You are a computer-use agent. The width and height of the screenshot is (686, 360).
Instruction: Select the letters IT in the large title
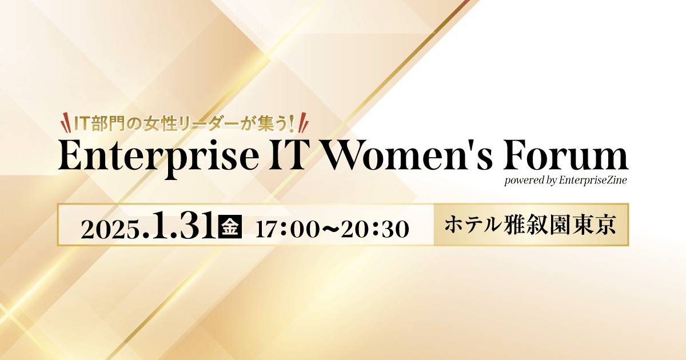tap(287, 155)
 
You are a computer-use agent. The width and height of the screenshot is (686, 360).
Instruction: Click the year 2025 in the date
tap(110, 229)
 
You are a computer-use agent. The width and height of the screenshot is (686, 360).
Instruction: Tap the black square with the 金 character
tap(230, 226)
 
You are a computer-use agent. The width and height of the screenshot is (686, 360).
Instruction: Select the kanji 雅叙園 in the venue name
tap(539, 225)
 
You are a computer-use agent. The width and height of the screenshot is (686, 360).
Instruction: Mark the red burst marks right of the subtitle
tap(303, 122)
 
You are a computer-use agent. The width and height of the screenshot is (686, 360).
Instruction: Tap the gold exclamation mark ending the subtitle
tap(291, 123)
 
